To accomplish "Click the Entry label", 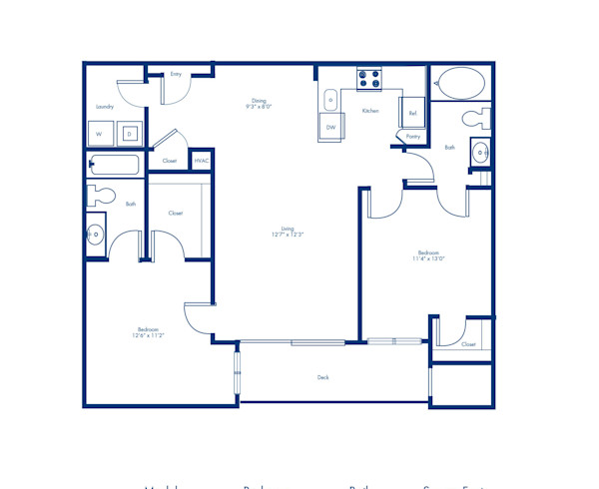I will [x=176, y=74].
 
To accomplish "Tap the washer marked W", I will [x=99, y=134].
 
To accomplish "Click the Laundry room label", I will [x=104, y=107].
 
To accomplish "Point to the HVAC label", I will [x=201, y=161].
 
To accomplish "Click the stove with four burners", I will [x=369, y=78].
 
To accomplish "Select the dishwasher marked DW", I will [x=330, y=128].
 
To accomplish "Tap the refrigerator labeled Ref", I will [x=412, y=112].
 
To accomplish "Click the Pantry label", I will [x=413, y=136].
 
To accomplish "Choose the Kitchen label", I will [x=370, y=111].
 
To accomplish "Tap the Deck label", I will [x=323, y=377].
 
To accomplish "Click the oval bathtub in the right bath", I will [x=460, y=84].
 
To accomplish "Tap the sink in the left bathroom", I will [x=96, y=236].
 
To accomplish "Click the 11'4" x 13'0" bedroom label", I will [x=429, y=255].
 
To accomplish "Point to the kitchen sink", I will [x=330, y=99].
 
